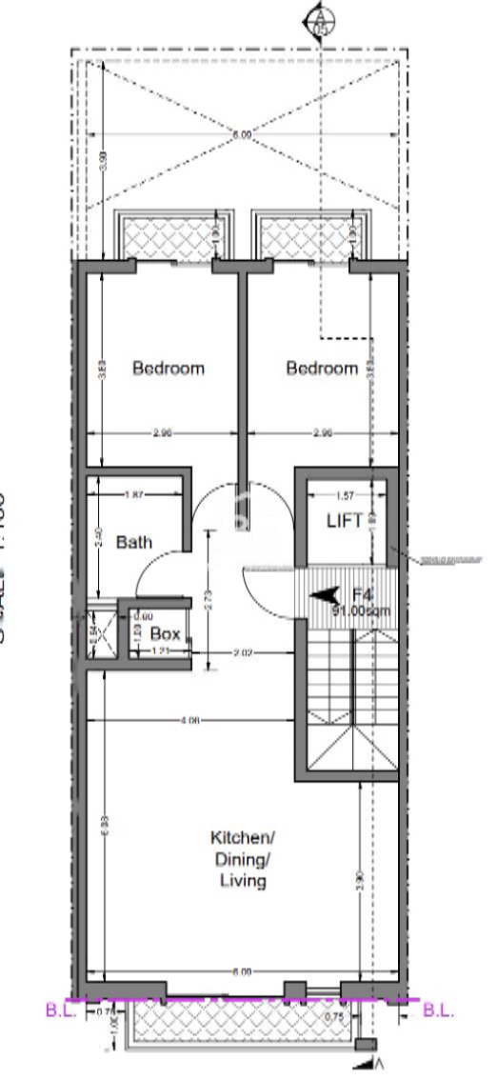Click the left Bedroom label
[169, 368]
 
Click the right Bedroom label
[323, 368]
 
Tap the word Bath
[134, 542]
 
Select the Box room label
[165, 633]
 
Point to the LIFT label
[345, 521]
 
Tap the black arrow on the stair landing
[327, 595]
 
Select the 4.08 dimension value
[188, 721]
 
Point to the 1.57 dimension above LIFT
[346, 494]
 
